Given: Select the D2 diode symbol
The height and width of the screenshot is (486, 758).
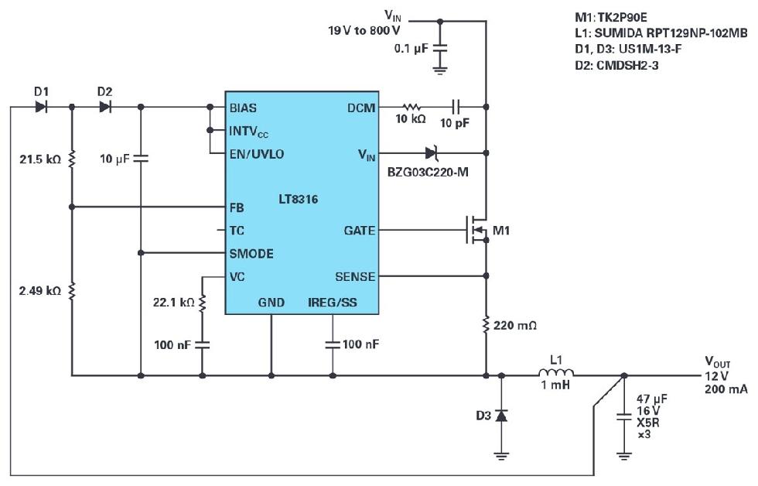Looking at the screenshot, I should [105, 108].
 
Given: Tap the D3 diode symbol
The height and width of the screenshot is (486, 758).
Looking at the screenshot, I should [501, 416].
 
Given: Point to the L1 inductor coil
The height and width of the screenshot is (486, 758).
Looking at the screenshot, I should [556, 375].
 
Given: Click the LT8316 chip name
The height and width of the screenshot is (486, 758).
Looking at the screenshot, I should [297, 200].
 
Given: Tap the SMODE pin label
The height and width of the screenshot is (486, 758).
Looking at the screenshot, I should [251, 253].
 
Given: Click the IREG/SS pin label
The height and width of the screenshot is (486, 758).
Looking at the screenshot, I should [333, 303].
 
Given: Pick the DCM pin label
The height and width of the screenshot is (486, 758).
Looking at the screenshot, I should [359, 108].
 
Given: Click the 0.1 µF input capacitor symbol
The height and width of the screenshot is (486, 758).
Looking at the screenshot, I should [439, 48].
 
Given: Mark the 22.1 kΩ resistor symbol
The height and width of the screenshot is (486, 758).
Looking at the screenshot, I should [203, 303].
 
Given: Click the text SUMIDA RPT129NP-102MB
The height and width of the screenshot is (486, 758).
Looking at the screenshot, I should [661, 33].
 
